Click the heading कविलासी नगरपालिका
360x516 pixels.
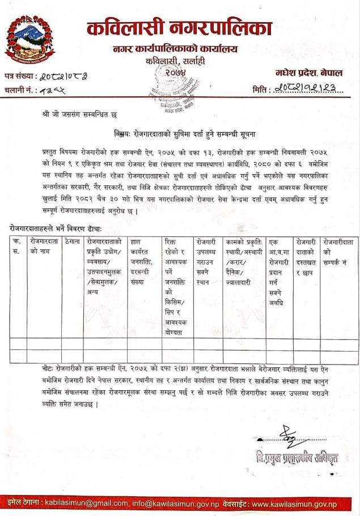(x=180, y=27)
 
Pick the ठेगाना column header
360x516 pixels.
(x=71, y=242)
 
